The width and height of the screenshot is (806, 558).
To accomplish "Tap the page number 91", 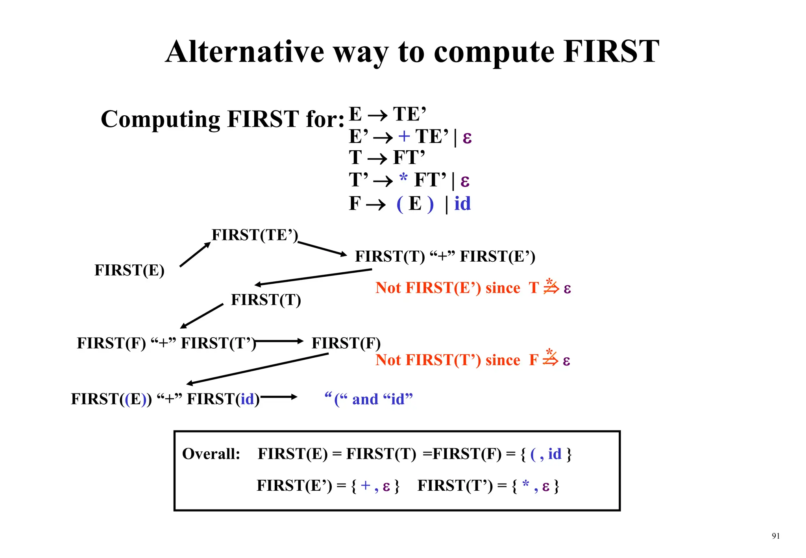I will pyautogui.click(x=775, y=536).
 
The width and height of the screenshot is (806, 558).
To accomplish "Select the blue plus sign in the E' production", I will pyautogui.click(x=404, y=136).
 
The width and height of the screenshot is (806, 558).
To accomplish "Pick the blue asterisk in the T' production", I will pyautogui.click(x=403, y=178).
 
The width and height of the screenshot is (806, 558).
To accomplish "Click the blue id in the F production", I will pyautogui.click(x=462, y=204).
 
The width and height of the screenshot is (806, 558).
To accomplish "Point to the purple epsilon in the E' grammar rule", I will pyautogui.click(x=467, y=138).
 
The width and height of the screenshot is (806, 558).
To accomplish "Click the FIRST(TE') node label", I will pyautogui.click(x=255, y=235).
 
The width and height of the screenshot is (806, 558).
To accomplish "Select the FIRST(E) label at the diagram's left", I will pyautogui.click(x=129, y=270).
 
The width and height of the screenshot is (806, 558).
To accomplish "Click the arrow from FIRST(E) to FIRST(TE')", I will pyautogui.click(x=195, y=255).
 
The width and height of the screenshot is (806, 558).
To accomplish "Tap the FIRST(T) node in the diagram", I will pyautogui.click(x=266, y=300).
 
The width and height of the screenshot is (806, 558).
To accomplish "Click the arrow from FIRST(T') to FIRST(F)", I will pyautogui.click(x=279, y=341).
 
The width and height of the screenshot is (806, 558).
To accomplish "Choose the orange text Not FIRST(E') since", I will pyautogui.click(x=447, y=288).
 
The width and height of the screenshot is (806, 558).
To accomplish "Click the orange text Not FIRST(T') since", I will pyautogui.click(x=447, y=360).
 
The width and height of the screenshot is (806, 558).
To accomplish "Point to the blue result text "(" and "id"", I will pyautogui.click(x=368, y=399).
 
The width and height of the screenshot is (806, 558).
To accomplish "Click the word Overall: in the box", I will pyautogui.click(x=211, y=454).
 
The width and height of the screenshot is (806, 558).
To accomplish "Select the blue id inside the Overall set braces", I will pyautogui.click(x=555, y=454).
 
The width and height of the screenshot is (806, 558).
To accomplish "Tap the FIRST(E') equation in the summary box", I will pyautogui.click(x=328, y=486).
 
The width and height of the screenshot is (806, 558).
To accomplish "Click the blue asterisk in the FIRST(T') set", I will pyautogui.click(x=525, y=484).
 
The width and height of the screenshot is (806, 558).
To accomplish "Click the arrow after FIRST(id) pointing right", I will pyautogui.click(x=279, y=397).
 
